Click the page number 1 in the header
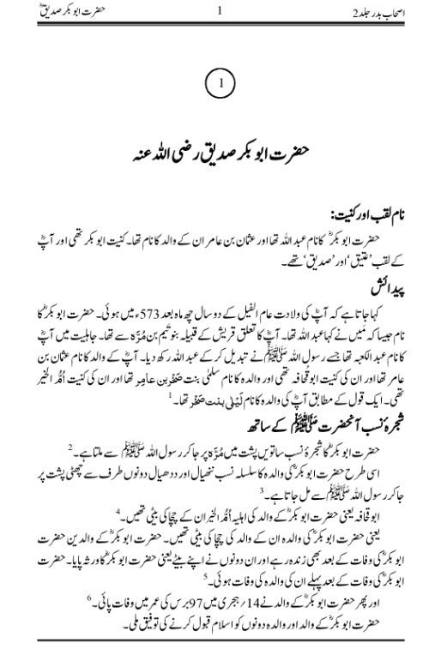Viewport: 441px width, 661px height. pos(220,12)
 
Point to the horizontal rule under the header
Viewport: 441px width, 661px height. pos(220,24)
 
